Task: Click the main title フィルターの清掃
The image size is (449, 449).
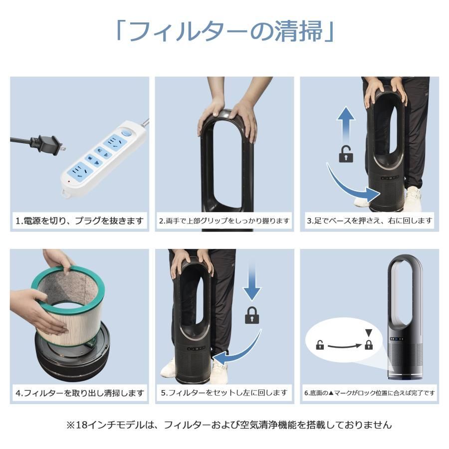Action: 224,31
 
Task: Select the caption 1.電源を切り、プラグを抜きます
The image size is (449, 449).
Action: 80,220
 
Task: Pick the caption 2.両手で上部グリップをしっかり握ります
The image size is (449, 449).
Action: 224,220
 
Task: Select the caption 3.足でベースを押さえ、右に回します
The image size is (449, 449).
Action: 370,220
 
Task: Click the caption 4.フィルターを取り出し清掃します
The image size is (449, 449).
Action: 80,393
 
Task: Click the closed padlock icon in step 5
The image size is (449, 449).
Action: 251,315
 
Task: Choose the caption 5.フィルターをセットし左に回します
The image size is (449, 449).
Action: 224,393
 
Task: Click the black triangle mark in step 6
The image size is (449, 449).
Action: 369,333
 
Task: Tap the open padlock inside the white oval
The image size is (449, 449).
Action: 320,345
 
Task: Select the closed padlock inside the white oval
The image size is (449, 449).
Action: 369,344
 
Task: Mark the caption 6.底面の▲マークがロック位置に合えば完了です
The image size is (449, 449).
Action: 370,393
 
